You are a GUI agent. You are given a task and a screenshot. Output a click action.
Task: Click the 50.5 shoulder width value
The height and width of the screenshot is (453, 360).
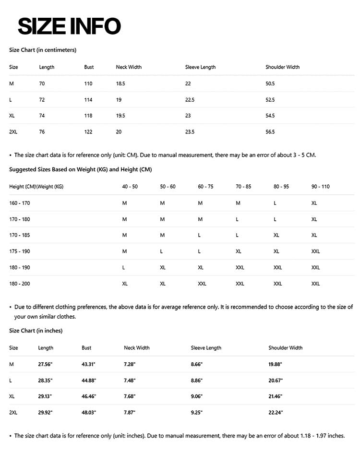(270, 83)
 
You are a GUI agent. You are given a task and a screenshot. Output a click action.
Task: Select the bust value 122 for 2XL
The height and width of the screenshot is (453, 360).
(88, 132)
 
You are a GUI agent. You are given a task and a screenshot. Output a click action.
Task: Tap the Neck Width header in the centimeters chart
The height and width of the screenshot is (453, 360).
(129, 67)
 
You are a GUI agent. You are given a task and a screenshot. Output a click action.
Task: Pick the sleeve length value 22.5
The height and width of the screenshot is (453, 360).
(190, 100)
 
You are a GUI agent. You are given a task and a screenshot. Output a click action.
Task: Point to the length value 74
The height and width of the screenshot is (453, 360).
(42, 116)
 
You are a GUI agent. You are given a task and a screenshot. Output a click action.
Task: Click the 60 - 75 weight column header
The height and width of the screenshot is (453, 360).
(205, 187)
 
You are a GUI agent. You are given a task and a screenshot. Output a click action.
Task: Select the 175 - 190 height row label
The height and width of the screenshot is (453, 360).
(20, 251)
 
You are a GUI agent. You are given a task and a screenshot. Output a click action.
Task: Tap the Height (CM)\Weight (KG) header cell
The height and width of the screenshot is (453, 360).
(36, 187)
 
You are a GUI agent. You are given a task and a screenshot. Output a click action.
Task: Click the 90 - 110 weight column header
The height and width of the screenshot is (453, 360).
(320, 187)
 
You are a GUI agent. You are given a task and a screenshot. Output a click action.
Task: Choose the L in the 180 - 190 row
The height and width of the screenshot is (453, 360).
(124, 268)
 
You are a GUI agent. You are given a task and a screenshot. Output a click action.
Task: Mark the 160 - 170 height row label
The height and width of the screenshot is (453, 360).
(20, 203)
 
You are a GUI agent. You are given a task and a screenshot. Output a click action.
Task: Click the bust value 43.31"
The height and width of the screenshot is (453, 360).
(89, 364)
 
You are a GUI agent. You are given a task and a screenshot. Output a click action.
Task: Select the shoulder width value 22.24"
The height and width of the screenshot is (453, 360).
(276, 413)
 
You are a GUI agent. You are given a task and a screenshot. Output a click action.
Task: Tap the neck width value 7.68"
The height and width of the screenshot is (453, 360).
(130, 396)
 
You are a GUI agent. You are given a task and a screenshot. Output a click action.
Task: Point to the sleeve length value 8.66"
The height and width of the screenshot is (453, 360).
(197, 364)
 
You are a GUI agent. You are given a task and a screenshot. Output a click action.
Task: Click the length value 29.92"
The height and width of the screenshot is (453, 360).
(45, 413)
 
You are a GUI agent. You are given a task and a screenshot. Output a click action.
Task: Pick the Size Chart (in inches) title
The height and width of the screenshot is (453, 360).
(36, 331)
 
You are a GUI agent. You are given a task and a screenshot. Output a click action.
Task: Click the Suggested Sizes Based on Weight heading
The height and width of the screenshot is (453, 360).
(81, 169)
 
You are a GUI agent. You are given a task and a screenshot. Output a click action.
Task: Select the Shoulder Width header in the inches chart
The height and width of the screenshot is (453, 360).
(286, 348)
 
